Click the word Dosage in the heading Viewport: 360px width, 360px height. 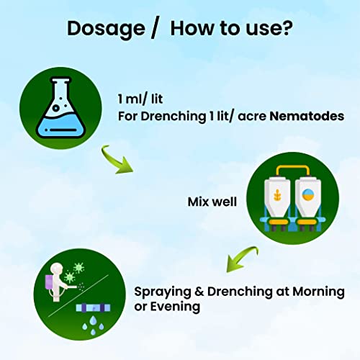click(106, 30)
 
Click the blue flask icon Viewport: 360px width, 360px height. click(60, 107)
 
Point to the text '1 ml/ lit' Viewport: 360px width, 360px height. click(140, 99)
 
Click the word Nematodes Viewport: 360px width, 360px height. click(307, 116)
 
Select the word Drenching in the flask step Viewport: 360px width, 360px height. click(174, 117)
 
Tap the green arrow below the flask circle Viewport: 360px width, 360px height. click(116, 160)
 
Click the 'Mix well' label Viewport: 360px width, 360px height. click(212, 202)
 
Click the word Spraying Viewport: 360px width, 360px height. click(163, 292)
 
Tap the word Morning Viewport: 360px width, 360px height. click(318, 292)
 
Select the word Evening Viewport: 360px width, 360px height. click(175, 307)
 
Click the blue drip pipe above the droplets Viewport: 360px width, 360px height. click(93, 308)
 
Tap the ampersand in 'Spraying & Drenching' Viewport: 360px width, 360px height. click(199, 292)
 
